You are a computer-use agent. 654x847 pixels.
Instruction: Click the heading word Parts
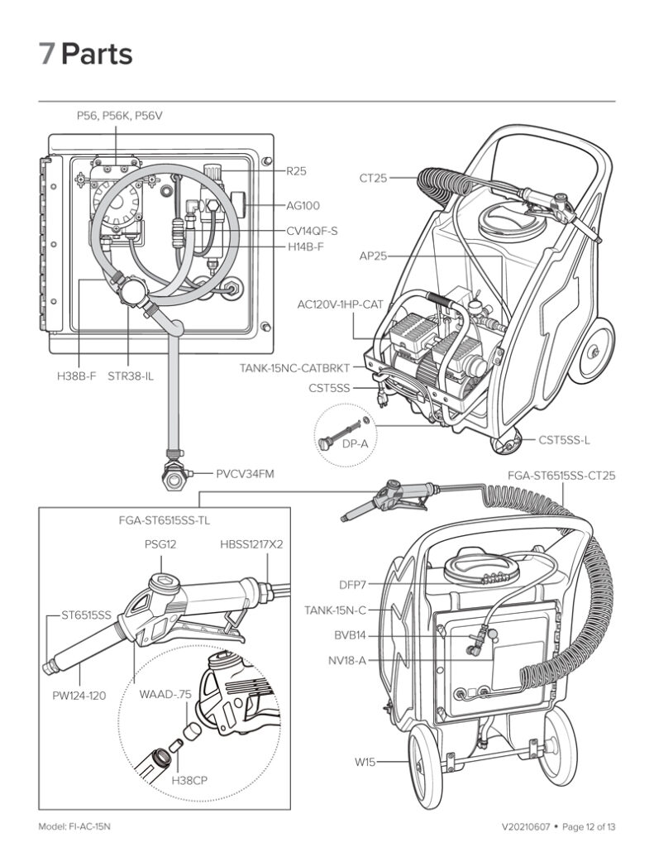coord(97,55)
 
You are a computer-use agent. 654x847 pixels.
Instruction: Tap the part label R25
coord(296,171)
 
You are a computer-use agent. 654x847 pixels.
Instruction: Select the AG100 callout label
coord(303,205)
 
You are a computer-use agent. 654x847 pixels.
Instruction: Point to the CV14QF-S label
coord(312,231)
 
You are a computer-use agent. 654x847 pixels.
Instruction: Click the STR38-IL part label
coord(131,376)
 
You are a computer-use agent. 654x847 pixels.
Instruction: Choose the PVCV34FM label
coord(246,474)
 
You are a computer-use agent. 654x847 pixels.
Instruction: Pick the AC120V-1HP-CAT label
coord(341,305)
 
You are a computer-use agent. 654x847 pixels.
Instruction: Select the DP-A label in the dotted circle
coord(356,444)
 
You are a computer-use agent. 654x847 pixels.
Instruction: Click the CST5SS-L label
coord(564,440)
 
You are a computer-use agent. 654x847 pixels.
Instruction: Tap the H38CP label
coord(189,779)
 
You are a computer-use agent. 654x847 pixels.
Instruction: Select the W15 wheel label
coord(365,761)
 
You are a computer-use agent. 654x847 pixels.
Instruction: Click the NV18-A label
coord(347,660)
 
